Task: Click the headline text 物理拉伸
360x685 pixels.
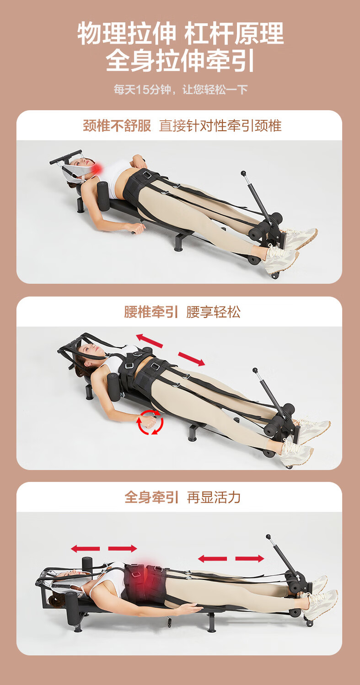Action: [x=127, y=33]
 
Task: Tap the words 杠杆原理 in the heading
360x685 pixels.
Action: [x=234, y=33]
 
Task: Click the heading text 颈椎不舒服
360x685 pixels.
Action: [x=117, y=126]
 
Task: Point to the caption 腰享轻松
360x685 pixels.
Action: [x=213, y=312]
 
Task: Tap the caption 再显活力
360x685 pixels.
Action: [x=214, y=498]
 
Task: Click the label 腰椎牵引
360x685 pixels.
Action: [x=151, y=312]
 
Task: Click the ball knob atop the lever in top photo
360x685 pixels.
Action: [x=243, y=173]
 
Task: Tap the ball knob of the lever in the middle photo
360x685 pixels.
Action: [x=255, y=370]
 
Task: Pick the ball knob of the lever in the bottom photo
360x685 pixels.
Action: [x=269, y=536]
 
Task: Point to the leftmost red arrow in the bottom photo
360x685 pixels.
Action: [x=86, y=549]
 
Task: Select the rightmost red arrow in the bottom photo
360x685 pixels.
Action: [x=250, y=558]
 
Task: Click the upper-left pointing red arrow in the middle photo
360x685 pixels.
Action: [x=149, y=341]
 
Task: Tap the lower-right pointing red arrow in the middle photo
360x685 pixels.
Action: [x=192, y=359]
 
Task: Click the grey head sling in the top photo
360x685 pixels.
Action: [x=75, y=171]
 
